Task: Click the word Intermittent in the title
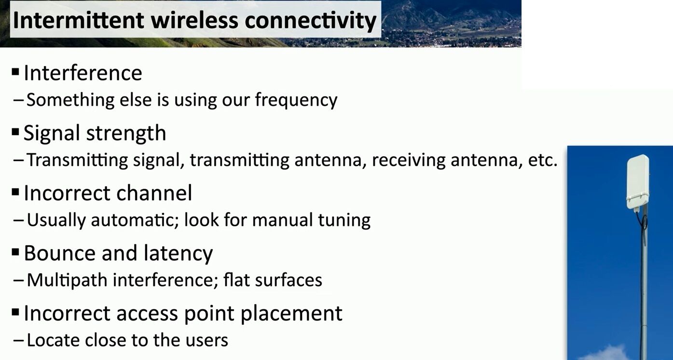79,20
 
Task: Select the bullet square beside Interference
15,72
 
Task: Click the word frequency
296,100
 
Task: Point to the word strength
126,133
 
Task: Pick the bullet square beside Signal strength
15,132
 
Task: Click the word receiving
409,160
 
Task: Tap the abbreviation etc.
543,160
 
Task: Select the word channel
154,193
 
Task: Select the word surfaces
288,280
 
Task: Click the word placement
291,314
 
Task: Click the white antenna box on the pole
638,182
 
